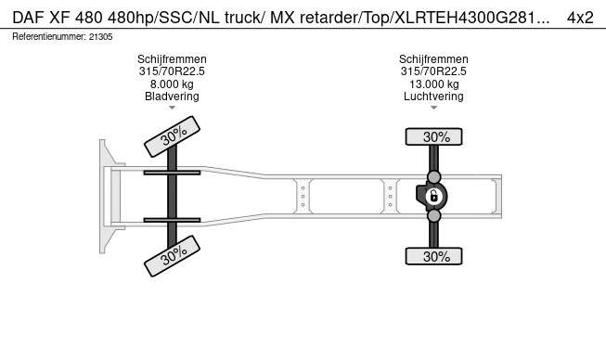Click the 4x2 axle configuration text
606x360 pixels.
(x=580, y=18)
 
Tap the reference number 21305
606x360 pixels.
(x=101, y=37)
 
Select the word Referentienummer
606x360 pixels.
(x=49, y=37)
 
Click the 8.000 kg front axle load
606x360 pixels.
(x=172, y=84)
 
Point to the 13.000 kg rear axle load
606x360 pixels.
(x=434, y=84)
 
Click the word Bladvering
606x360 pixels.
(x=172, y=96)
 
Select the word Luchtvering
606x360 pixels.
(x=433, y=96)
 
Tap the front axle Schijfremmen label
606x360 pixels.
(x=172, y=59)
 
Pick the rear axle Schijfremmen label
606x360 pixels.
(x=433, y=59)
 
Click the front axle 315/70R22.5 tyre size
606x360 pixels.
(x=172, y=71)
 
